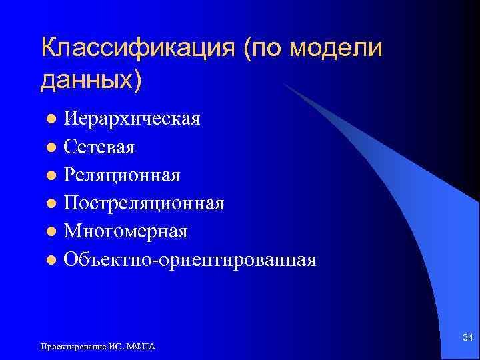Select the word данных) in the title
tap(91, 79)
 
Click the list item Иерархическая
tap(132, 120)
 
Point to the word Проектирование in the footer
tap(68, 347)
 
